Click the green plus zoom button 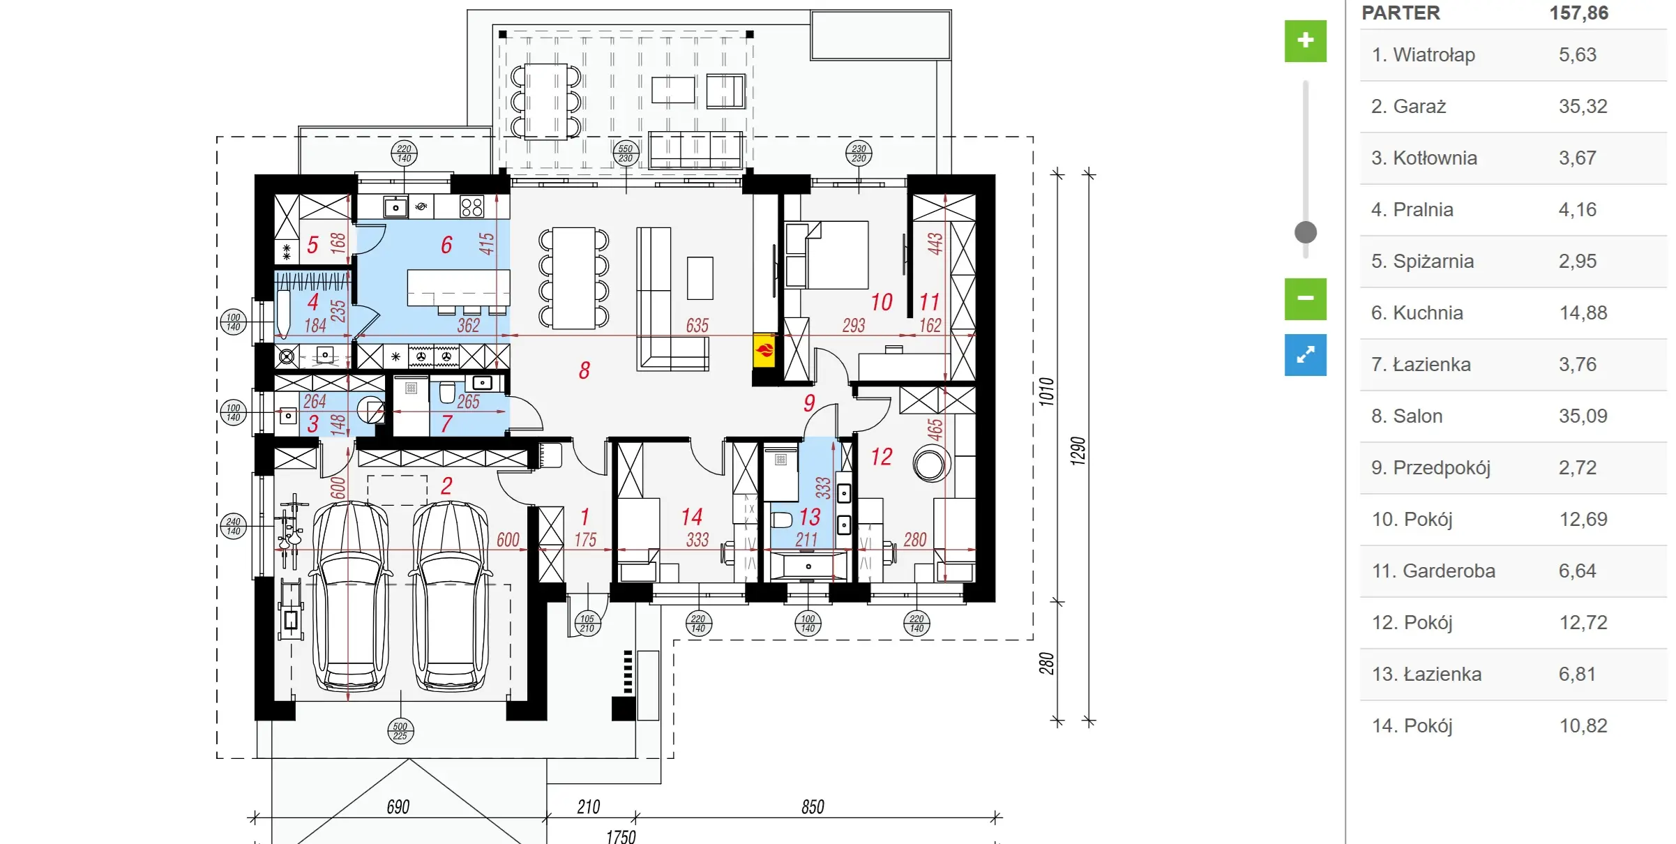click(x=1305, y=40)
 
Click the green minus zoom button click(x=1305, y=299)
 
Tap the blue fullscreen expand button click(x=1305, y=355)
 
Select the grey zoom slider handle click(x=1305, y=232)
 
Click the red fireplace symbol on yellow click(x=764, y=350)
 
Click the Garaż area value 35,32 click(x=1583, y=106)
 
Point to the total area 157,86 click(x=1578, y=13)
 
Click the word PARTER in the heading click(x=1401, y=13)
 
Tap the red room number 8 click(x=584, y=370)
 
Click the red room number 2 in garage click(x=446, y=485)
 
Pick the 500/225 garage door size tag click(x=400, y=731)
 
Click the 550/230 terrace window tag click(x=626, y=153)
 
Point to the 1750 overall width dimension click(x=621, y=836)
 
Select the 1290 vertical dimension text click(x=1078, y=451)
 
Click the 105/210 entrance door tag click(x=587, y=624)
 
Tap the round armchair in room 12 click(x=930, y=465)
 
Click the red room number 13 click(x=810, y=517)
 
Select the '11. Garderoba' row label click(x=1433, y=571)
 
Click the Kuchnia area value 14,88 click(x=1583, y=312)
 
